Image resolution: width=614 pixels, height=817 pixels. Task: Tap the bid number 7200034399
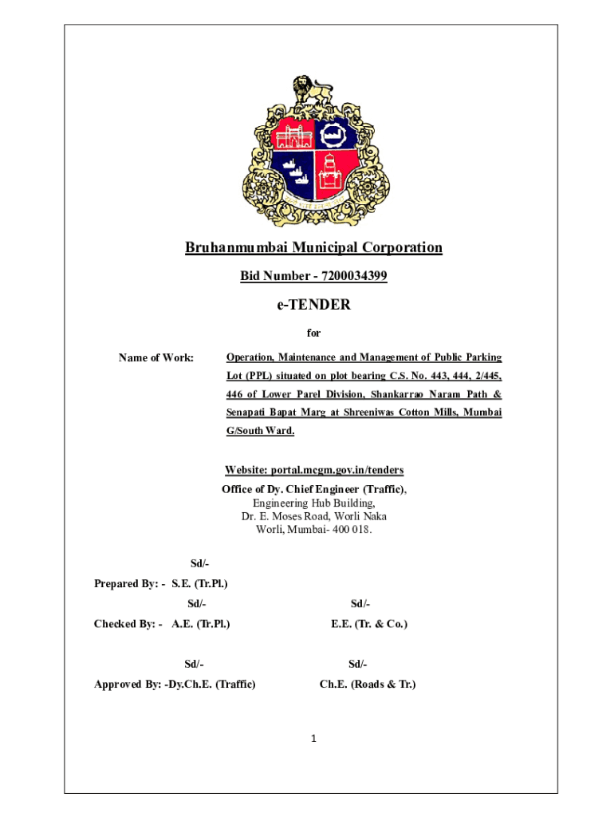point(354,276)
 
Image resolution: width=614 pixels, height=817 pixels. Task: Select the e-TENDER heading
point(313,305)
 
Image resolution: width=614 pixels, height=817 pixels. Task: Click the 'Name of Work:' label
point(156,358)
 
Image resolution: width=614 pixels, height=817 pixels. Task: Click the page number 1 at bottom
point(314,739)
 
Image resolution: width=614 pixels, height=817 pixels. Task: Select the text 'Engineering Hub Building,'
point(313,503)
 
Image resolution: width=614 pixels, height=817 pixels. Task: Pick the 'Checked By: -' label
point(128,623)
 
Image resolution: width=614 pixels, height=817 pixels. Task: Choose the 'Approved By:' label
point(128,684)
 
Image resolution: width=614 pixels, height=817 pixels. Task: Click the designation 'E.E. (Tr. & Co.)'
point(368,623)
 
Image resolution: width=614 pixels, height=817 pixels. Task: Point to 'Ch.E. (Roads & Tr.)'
point(368,684)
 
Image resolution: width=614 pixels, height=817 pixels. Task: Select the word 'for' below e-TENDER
point(313,333)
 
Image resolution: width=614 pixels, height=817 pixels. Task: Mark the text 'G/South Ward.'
point(260,431)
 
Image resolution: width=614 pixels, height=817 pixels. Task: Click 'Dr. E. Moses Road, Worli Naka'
point(313,516)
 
